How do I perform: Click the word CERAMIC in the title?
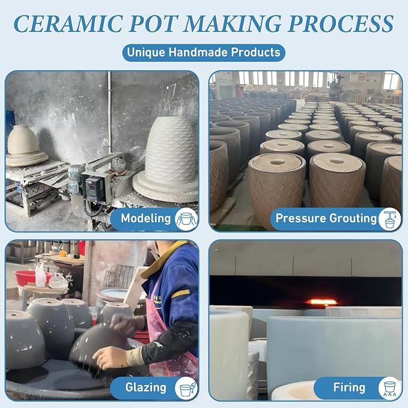pyautogui.click(x=68, y=23)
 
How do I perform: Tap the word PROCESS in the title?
pyautogui.click(x=340, y=23)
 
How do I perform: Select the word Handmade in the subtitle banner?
pyautogui.click(x=198, y=52)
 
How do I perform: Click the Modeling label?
pyautogui.click(x=145, y=218)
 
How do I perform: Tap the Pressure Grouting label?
pyautogui.click(x=326, y=218)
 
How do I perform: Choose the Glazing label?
pyautogui.click(x=145, y=388)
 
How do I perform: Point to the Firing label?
pyautogui.click(x=349, y=388)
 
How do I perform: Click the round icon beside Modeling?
pyautogui.click(x=186, y=219)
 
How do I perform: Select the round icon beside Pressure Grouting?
pyautogui.click(x=389, y=219)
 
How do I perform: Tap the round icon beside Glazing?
pyautogui.click(x=186, y=388)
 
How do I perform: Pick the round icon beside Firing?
pyautogui.click(x=389, y=388)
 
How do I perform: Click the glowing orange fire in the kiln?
pyautogui.click(x=321, y=302)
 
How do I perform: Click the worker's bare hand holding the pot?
pyautogui.click(x=109, y=357)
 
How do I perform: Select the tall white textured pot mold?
pyautogui.click(x=171, y=150)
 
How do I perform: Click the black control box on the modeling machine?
pyautogui.click(x=96, y=187)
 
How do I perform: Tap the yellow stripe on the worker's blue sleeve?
pyautogui.click(x=180, y=293)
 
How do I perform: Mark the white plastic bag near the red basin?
pyautogui.click(x=41, y=275)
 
